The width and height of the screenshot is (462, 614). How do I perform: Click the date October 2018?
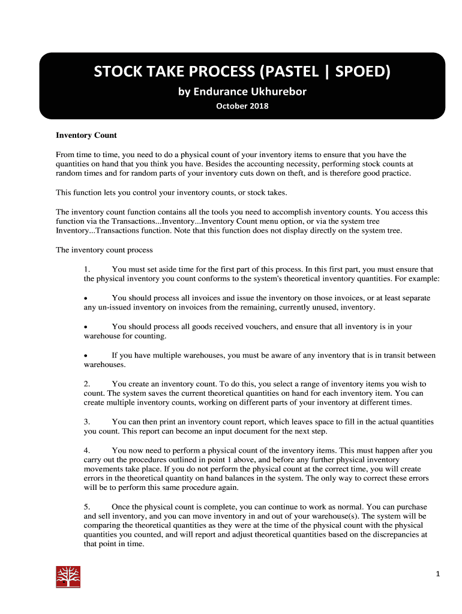coord(242,106)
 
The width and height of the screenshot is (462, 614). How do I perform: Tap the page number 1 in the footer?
coord(438,574)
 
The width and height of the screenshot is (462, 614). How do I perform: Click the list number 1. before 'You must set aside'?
coord(87,269)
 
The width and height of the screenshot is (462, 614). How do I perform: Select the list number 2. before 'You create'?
coord(87,384)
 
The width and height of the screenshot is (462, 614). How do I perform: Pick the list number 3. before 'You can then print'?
coord(87,422)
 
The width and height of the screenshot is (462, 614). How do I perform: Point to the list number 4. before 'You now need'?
coord(87,450)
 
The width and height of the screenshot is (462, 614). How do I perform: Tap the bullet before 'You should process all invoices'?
coord(86,298)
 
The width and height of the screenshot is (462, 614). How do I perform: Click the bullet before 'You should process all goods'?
coord(86,327)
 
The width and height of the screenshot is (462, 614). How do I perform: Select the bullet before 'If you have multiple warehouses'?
coord(86,356)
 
